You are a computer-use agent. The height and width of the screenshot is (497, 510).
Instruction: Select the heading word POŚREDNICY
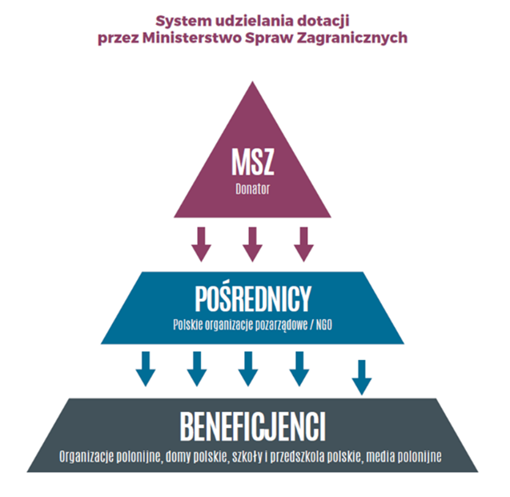pyautogui.click(x=253, y=299)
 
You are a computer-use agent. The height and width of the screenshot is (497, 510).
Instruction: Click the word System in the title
pyautogui.click(x=181, y=18)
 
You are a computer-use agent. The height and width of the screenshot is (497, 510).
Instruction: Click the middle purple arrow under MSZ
pyautogui.click(x=252, y=244)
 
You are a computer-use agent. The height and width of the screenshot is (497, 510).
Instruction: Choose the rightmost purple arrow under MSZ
pyautogui.click(x=303, y=244)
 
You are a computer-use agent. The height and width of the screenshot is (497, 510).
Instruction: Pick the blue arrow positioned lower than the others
pyautogui.click(x=362, y=378)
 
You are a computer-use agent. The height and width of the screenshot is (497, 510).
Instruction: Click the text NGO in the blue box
pyautogui.click(x=322, y=325)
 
